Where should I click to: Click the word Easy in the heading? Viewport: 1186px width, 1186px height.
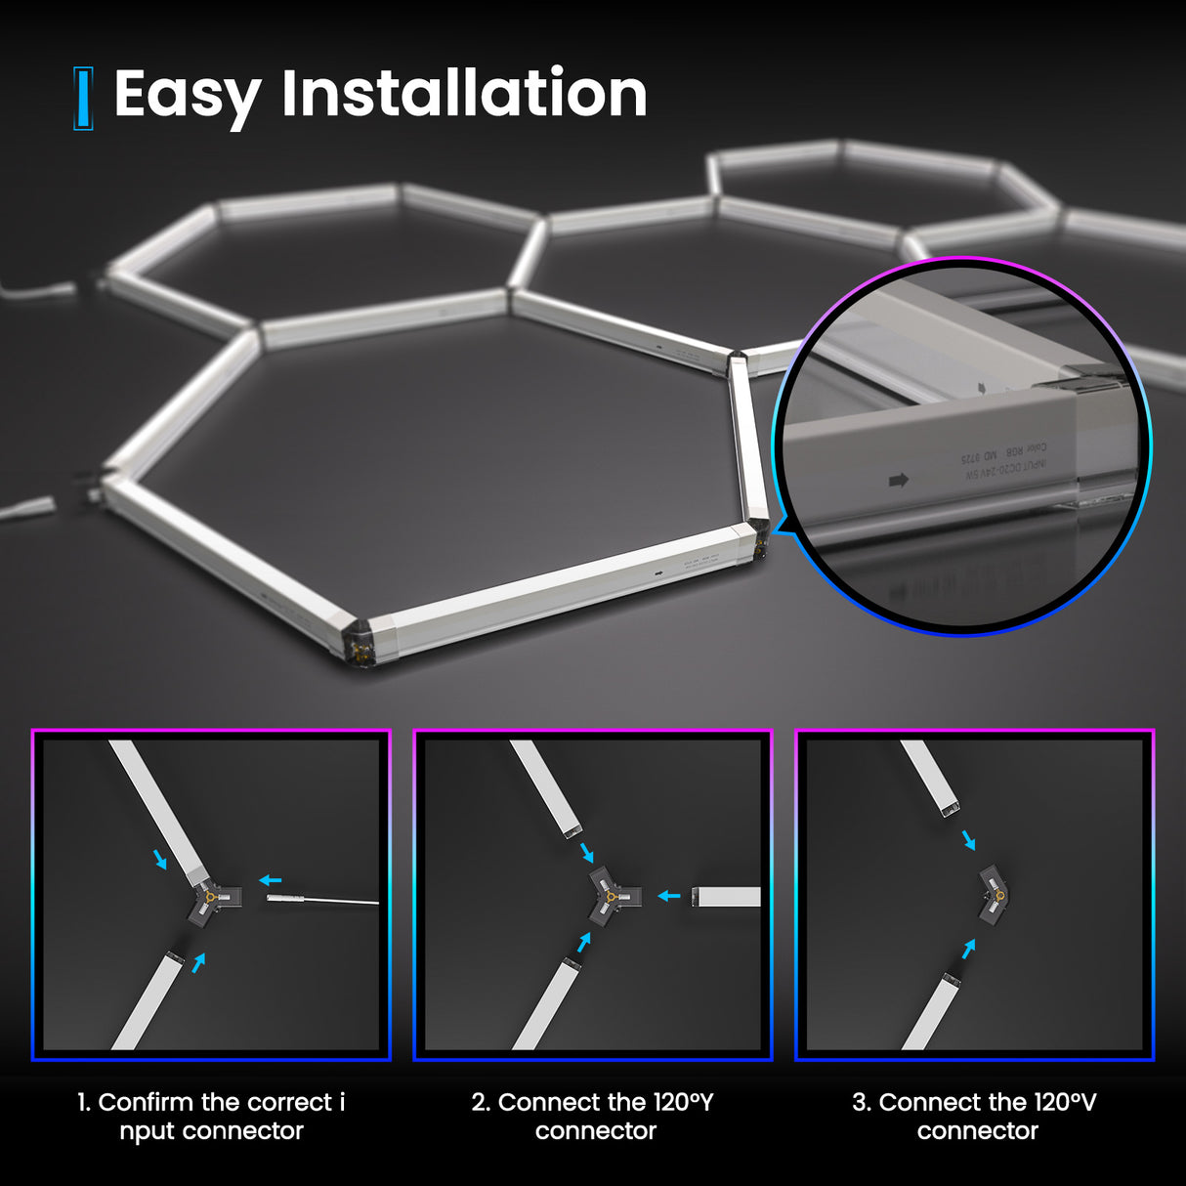click(187, 95)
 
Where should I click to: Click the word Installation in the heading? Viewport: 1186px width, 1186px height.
click(464, 94)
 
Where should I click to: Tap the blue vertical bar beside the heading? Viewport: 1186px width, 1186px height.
click(83, 99)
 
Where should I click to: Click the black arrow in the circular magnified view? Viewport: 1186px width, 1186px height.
click(899, 480)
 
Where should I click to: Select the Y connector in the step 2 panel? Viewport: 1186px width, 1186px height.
click(612, 897)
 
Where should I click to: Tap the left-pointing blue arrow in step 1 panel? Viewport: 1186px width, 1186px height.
click(270, 879)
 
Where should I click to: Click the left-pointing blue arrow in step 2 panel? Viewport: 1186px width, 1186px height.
click(669, 895)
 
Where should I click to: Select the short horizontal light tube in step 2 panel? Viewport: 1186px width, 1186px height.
click(726, 896)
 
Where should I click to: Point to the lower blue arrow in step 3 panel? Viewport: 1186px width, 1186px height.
click(968, 948)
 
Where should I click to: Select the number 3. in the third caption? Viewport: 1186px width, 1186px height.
click(861, 1102)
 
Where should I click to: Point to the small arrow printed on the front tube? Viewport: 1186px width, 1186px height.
click(659, 574)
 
